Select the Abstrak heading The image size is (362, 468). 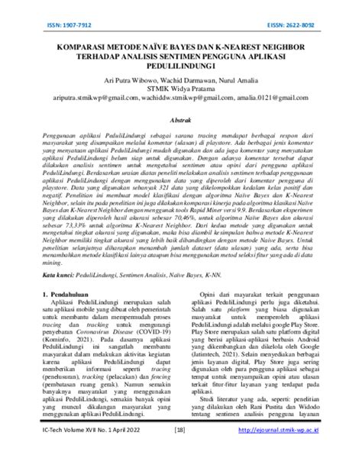pos(180,120)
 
